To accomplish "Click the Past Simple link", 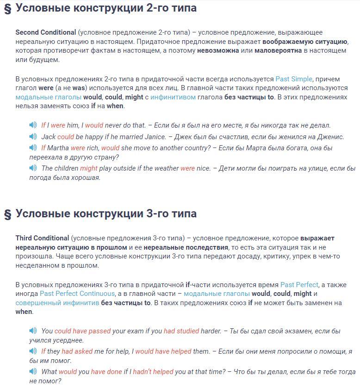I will pyautogui.click(x=294, y=79).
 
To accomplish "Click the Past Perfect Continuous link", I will pyautogui.click(x=77, y=294).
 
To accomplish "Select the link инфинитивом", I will pyautogui.click(x=173, y=97).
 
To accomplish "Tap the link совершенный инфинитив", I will pyautogui.click(x=57, y=303).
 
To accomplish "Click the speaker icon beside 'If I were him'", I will pyautogui.click(x=33, y=125).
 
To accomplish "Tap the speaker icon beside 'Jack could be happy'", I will pyautogui.click(x=33, y=136).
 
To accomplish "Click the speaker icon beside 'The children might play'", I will pyautogui.click(x=33, y=168).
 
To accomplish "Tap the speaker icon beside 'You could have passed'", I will pyautogui.click(x=33, y=331).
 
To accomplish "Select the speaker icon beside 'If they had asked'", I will pyautogui.click(x=33, y=351).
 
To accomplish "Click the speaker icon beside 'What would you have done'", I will pyautogui.click(x=33, y=371).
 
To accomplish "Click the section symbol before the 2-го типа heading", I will pyautogui.click(x=7, y=9).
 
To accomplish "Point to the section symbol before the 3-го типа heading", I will pyautogui.click(x=7, y=214).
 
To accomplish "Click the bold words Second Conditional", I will pyautogui.click(x=46, y=32).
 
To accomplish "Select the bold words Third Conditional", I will pyautogui.click(x=42, y=238).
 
